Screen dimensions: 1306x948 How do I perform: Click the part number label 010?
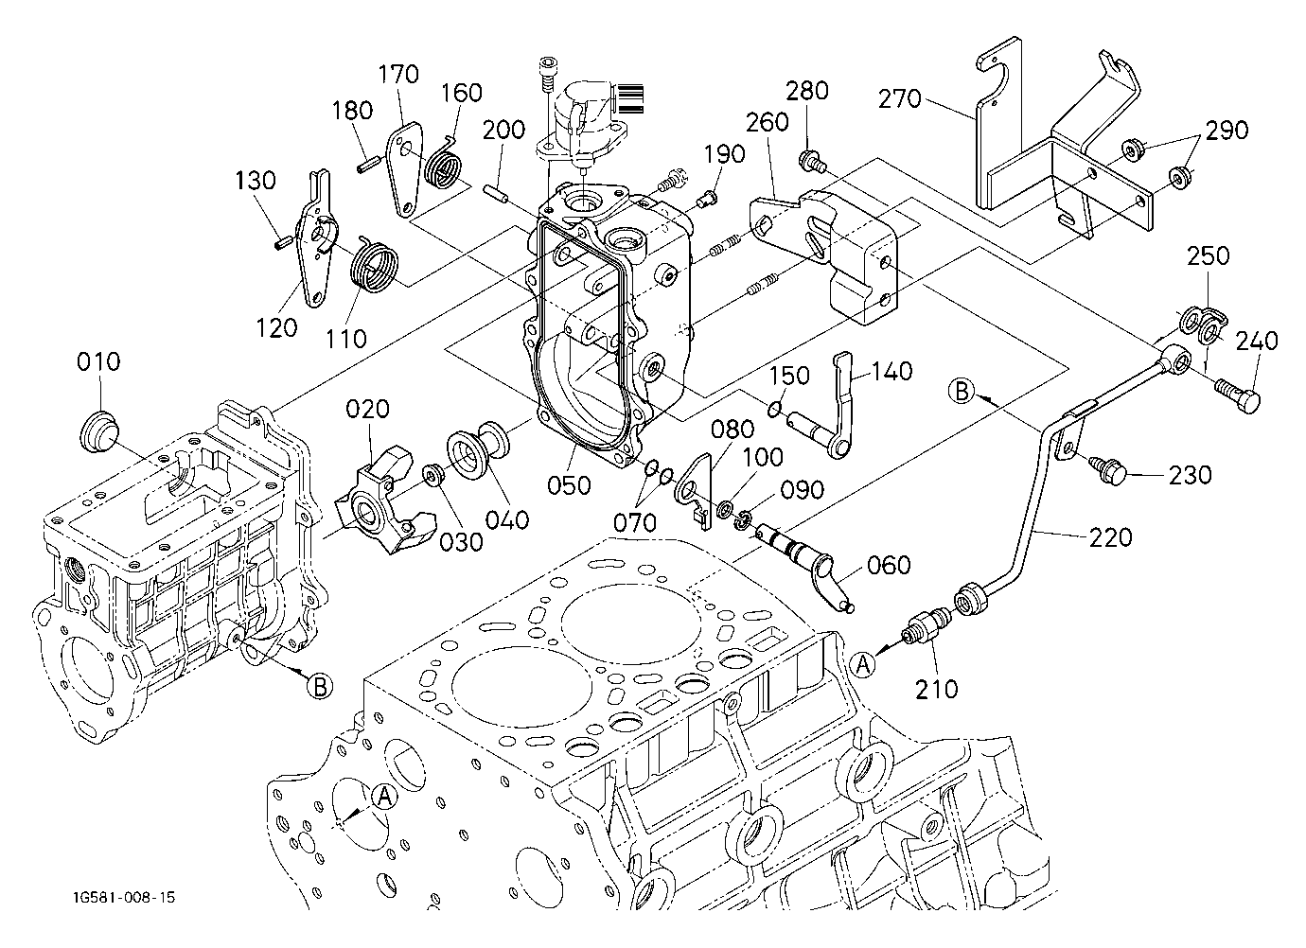pyautogui.click(x=98, y=362)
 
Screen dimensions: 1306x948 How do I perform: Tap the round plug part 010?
pyautogui.click(x=98, y=430)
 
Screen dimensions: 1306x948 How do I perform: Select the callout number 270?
pyautogui.click(x=900, y=99)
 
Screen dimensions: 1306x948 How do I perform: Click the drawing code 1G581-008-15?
pyautogui.click(x=124, y=897)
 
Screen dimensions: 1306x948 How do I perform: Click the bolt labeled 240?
pyautogui.click(x=1238, y=397)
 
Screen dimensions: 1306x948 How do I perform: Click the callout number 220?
pyautogui.click(x=1111, y=537)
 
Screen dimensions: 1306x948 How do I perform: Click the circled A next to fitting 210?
pyautogui.click(x=863, y=665)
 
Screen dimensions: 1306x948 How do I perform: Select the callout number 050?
pyautogui.click(x=569, y=485)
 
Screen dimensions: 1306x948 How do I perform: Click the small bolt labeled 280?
pyautogui.click(x=811, y=162)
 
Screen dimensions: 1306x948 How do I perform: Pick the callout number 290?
pyautogui.click(x=1227, y=130)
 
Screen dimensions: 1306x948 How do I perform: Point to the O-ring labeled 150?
pyautogui.click(x=774, y=410)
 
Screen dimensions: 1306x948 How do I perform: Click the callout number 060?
pyautogui.click(x=889, y=565)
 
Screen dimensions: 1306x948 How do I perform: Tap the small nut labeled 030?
pyautogui.click(x=432, y=475)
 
